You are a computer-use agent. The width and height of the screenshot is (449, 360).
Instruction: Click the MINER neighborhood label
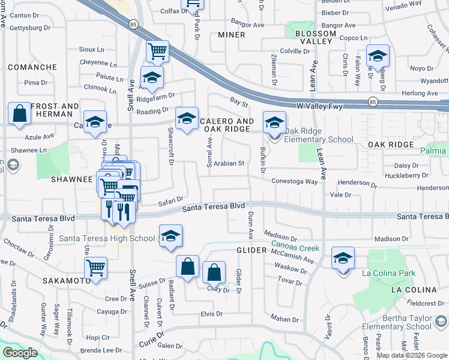(x=231, y=35)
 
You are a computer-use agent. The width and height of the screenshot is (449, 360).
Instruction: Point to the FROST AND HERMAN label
(x=55, y=110)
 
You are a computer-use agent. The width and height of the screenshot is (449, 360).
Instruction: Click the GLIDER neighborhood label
(x=251, y=250)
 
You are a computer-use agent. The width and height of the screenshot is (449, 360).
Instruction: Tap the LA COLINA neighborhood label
(x=412, y=289)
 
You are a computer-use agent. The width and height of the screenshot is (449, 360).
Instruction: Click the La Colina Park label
(x=388, y=274)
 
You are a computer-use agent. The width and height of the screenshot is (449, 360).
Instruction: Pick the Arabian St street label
(x=230, y=163)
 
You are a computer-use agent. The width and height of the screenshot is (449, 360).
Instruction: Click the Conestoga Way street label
(x=294, y=181)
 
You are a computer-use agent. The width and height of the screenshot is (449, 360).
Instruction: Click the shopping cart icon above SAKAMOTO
(x=96, y=268)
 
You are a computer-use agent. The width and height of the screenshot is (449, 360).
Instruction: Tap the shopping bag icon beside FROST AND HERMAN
(x=19, y=113)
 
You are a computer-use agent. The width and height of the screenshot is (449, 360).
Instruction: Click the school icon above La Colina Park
(x=343, y=258)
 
